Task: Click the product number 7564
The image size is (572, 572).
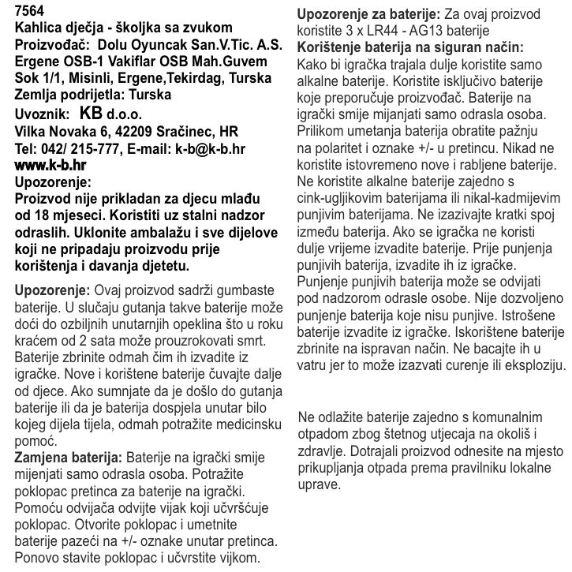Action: pos(30,10)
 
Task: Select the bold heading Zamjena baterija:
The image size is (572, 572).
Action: pos(68,458)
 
